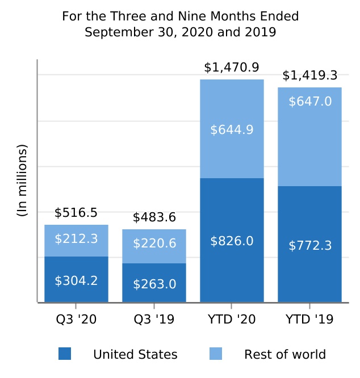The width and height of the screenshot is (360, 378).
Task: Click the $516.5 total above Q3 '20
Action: [76, 213]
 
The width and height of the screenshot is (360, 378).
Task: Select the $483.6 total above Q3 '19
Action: [154, 217]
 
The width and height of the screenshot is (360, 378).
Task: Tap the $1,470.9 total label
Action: [232, 68]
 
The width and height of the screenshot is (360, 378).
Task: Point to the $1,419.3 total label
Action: [309, 75]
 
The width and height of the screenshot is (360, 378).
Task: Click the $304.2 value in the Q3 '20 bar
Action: [76, 280]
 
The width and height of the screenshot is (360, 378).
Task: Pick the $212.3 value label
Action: [76, 239]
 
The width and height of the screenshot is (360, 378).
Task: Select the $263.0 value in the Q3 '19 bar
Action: [154, 284]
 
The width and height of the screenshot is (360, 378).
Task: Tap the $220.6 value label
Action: [154, 243]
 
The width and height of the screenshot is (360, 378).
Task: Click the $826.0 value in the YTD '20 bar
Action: [232, 241]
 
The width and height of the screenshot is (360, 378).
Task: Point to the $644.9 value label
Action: [232, 130]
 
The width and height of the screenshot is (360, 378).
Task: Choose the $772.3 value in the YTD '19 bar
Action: [309, 246]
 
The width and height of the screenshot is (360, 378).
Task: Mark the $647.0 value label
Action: [309, 102]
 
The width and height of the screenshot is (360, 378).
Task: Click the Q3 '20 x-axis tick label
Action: [76, 320]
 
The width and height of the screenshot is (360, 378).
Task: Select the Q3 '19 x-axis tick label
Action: [154, 320]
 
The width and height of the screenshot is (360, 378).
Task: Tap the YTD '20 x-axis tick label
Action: [232, 320]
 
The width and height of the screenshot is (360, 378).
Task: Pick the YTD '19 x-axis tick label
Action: [309, 320]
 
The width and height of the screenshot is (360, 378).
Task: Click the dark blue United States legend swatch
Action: [65, 354]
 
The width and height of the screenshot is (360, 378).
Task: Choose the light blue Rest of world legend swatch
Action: [216, 354]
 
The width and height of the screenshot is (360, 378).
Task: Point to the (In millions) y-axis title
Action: [22, 180]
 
